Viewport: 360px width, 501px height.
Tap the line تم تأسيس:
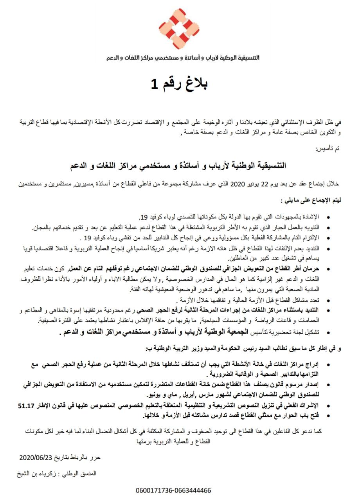328,150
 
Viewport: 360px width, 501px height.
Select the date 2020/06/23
36,457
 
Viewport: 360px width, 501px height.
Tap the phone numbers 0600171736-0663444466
174,490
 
